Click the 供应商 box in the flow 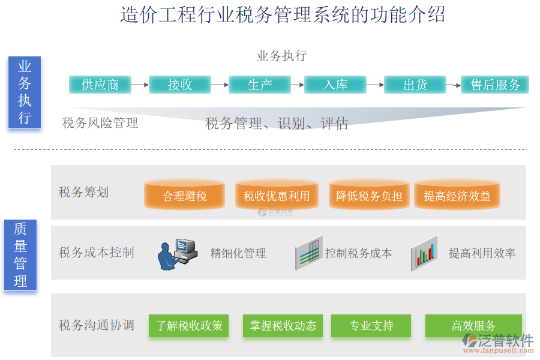[x=100, y=85]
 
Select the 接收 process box [x=180, y=85]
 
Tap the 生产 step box [x=259, y=85]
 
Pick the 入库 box [x=335, y=85]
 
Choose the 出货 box [x=415, y=85]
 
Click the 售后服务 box [x=495, y=85]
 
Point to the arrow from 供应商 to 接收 [x=140, y=85]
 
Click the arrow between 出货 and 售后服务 [x=454, y=85]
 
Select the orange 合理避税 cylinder [x=184, y=196]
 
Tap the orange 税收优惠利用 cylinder [x=277, y=196]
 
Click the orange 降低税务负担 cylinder [x=369, y=196]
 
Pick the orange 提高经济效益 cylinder [x=457, y=196]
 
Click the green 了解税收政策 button [x=190, y=326]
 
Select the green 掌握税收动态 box [x=283, y=326]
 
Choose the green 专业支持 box [x=371, y=326]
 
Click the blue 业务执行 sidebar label [x=24, y=92]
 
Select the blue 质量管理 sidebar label [x=20, y=254]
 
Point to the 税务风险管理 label [x=100, y=123]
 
